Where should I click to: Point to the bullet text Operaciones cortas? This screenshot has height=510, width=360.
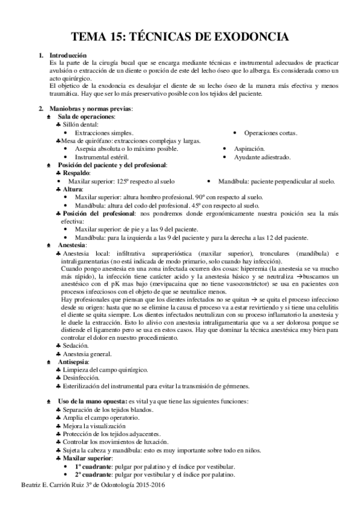pos(270,132)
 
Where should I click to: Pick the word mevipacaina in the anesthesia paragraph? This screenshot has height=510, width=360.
pos(157,283)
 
